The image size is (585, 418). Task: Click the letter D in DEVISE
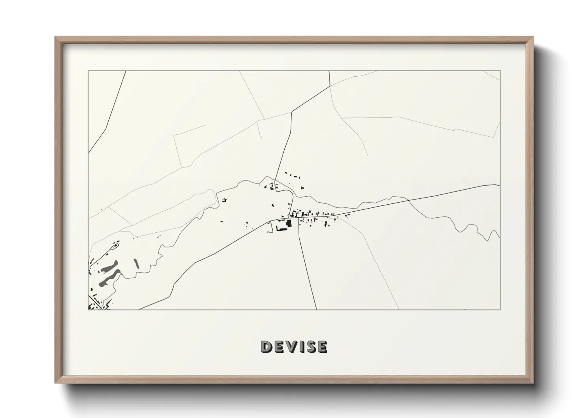pos(266,347)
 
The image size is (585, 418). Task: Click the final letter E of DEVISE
pos(323,347)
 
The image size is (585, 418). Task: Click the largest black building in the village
pos(289,223)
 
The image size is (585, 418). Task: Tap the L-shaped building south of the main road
pos(282,228)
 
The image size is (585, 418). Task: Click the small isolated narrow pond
pos(137,263)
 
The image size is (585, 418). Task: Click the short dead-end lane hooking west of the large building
pos(270,227)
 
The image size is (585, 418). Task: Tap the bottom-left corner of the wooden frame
pos(56,382)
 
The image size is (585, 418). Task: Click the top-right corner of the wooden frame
pos(533,37)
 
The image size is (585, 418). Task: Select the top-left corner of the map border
pos(88,71)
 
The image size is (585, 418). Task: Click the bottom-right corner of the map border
pos(500,309)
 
